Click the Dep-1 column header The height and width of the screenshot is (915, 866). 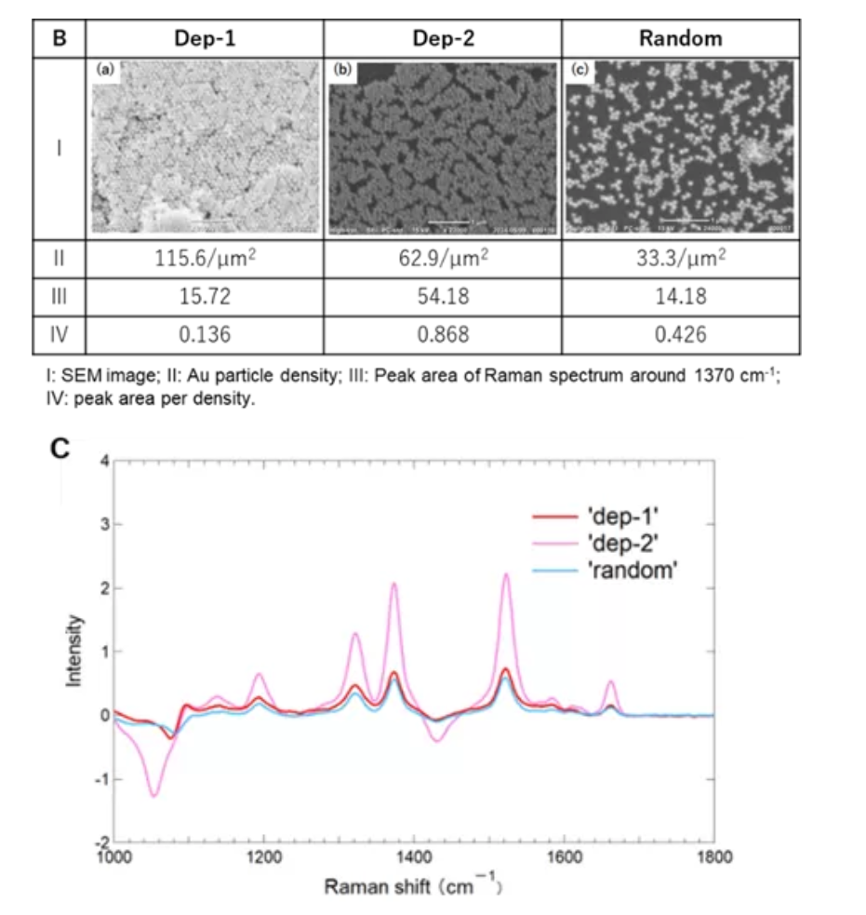[x=205, y=39]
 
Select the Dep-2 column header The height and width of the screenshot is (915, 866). [x=443, y=39]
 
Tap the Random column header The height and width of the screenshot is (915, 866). [x=680, y=39]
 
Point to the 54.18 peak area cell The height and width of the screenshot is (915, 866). [x=443, y=297]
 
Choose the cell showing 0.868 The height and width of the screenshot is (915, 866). [x=443, y=333]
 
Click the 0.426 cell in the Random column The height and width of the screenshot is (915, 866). [x=680, y=333]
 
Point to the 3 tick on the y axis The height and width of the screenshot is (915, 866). [x=105, y=524]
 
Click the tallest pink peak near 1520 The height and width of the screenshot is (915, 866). [x=506, y=574]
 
